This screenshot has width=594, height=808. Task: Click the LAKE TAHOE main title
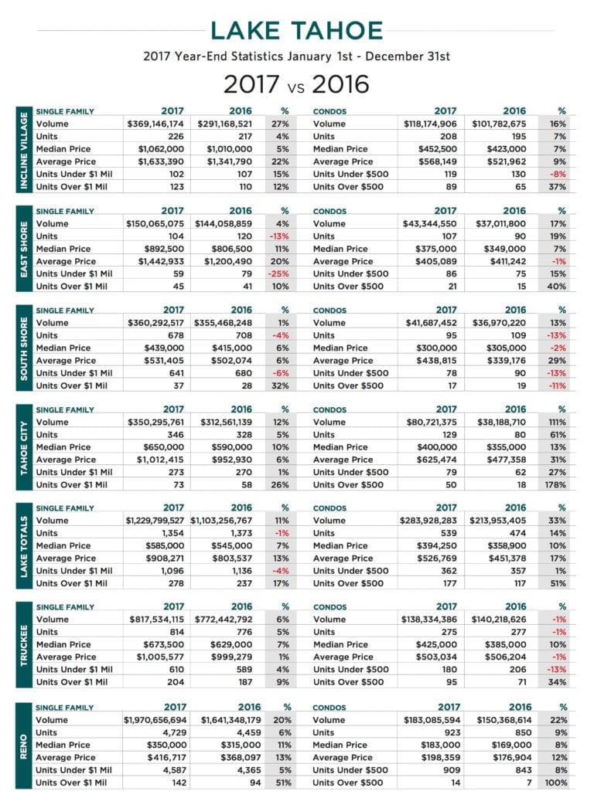click(x=296, y=30)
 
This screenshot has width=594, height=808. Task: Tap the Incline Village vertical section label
click(x=24, y=150)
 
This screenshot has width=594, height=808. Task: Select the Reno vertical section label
click(x=23, y=746)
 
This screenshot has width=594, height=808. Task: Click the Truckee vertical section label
click(x=24, y=645)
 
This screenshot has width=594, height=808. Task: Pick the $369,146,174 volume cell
click(x=155, y=124)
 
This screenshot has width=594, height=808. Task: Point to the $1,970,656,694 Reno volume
click(x=155, y=720)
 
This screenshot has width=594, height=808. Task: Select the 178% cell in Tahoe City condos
click(x=555, y=484)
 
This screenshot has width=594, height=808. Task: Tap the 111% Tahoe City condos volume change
click(x=558, y=422)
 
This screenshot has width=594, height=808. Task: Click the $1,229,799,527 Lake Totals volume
click(x=155, y=521)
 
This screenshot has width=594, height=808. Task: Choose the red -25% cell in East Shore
click(x=278, y=273)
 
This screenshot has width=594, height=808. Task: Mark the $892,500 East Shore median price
click(x=164, y=249)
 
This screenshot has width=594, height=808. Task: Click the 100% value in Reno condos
click(x=556, y=783)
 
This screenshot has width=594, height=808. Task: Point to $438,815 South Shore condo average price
click(x=436, y=361)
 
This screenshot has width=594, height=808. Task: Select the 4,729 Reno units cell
click(x=175, y=732)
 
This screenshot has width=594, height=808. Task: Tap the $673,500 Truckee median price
click(x=164, y=645)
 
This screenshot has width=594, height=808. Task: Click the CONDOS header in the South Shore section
click(x=329, y=311)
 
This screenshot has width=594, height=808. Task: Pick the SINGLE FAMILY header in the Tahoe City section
click(x=65, y=409)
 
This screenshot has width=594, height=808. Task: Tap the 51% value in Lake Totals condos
click(x=558, y=583)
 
